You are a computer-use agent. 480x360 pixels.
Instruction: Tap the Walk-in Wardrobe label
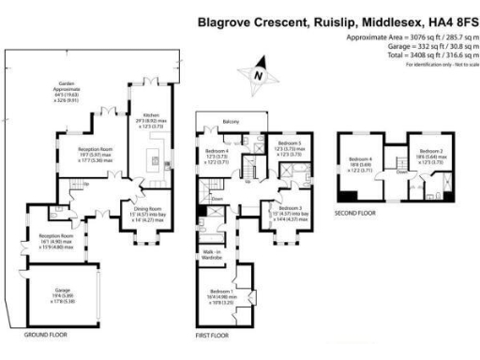211,254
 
